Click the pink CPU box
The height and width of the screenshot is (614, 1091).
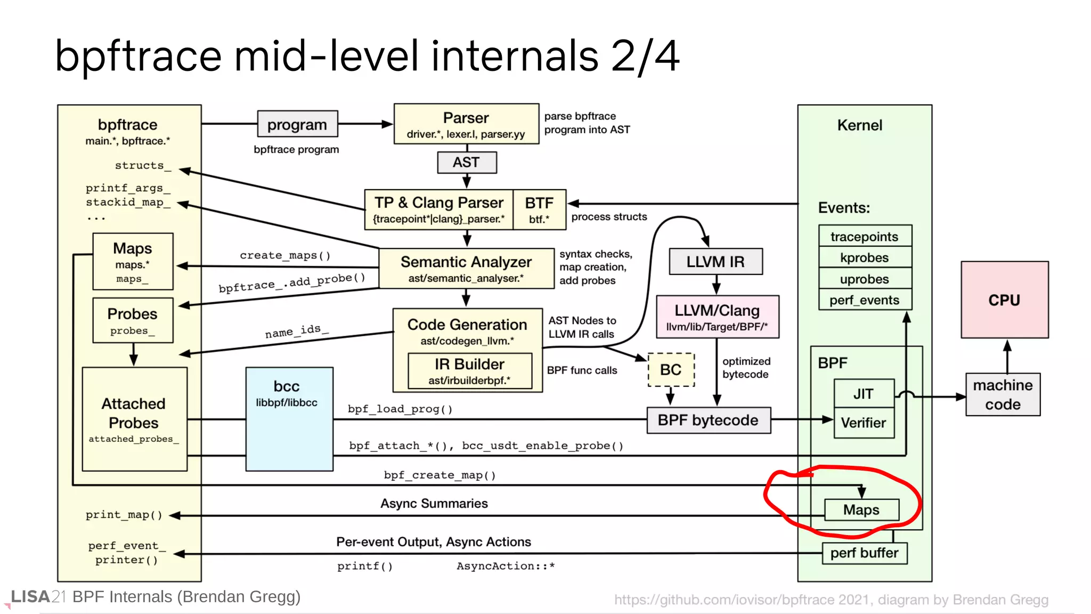[x=1004, y=300]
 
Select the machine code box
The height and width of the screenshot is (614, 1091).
[x=1003, y=394]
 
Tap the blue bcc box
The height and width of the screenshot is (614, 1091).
[x=289, y=418]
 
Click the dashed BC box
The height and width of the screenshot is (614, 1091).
[x=671, y=369]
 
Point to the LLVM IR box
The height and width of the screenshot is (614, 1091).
[x=715, y=262]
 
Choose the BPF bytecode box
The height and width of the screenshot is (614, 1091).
[x=708, y=420]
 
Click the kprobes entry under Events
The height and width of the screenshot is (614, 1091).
[x=865, y=257]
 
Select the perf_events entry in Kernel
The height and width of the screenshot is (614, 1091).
[x=865, y=300]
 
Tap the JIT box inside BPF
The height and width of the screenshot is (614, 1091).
[x=863, y=393]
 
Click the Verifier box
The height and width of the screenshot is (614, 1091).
[x=863, y=423]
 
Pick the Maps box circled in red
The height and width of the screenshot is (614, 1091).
[x=861, y=510]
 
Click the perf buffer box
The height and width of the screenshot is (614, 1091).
[x=864, y=553]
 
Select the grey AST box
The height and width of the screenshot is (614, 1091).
[x=466, y=162]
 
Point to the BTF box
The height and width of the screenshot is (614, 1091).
[x=539, y=209]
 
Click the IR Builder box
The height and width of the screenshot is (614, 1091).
[x=469, y=370]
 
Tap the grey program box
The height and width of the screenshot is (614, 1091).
[x=297, y=124]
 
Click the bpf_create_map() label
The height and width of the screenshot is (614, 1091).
[x=439, y=475]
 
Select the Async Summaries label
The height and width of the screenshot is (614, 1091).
[x=434, y=503]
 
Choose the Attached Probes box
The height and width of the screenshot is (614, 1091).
[x=134, y=418]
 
